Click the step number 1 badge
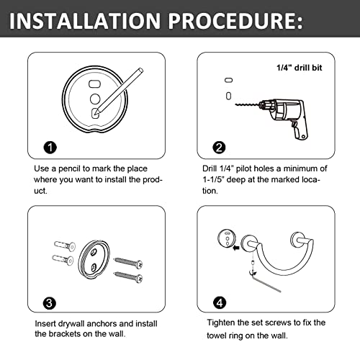pos(50,148)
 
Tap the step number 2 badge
pos(219,148)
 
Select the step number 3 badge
pos(50,303)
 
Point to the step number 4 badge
pos(220,303)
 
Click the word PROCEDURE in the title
pos(235,21)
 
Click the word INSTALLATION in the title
pos(85,21)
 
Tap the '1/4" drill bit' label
pos(299,68)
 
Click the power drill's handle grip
pos(300,131)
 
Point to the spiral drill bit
pos(247,104)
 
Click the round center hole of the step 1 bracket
pos(95,99)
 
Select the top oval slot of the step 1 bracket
pos(95,84)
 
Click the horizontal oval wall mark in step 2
pos(228,80)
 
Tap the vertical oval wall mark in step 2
pos(228,96)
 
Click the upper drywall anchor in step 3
pos(65,246)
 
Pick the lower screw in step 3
pos(128,276)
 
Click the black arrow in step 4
pos(236,248)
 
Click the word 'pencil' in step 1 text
pos(69,168)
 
